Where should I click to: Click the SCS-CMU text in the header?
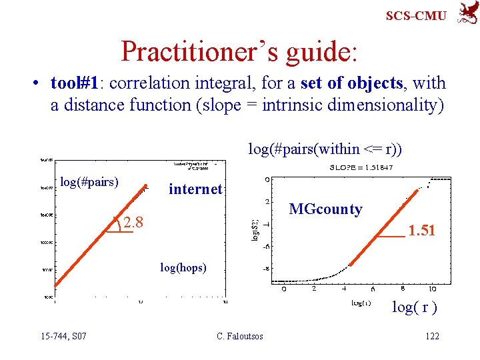click(x=416, y=15)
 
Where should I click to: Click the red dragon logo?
click(x=466, y=13)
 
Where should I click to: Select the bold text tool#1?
click(x=77, y=83)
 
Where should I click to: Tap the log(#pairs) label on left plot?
click(x=89, y=181)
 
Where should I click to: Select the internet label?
click(x=195, y=189)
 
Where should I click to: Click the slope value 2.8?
click(x=133, y=221)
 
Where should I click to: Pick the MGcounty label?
click(x=325, y=209)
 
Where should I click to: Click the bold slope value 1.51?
click(x=421, y=231)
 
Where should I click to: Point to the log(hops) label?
click(x=183, y=267)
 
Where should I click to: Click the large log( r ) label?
click(x=414, y=307)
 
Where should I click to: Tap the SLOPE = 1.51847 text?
click(x=361, y=167)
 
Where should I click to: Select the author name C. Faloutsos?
click(x=239, y=336)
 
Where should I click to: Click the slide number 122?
click(x=432, y=336)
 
